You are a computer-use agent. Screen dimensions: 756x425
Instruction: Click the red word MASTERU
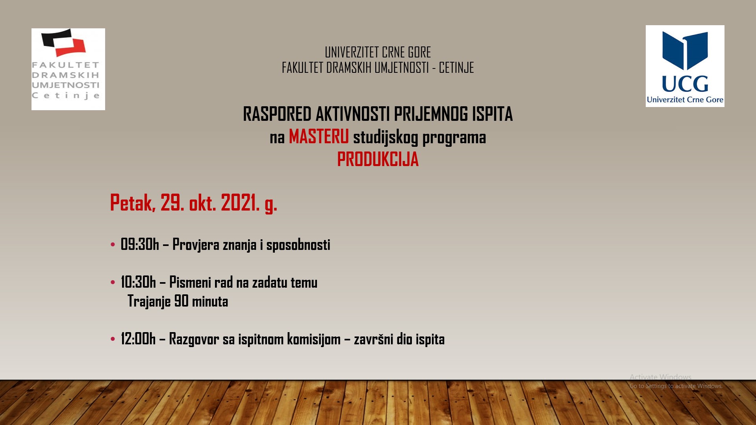(319, 137)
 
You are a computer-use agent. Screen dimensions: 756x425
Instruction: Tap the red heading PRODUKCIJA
(378, 159)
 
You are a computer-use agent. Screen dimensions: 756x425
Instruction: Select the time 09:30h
(140, 244)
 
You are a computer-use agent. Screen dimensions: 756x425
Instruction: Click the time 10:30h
(138, 282)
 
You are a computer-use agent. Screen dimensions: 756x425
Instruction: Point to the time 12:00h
(138, 339)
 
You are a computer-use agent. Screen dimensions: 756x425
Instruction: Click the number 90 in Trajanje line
(181, 301)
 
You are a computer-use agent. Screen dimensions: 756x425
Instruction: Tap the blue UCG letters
(685, 84)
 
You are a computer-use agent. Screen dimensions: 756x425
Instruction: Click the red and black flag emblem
(64, 42)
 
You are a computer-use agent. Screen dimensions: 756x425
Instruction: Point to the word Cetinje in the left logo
(66, 96)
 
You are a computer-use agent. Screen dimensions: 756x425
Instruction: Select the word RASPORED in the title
(277, 114)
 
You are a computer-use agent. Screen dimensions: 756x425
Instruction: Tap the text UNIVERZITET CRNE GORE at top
(378, 52)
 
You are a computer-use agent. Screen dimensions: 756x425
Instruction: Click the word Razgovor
(194, 339)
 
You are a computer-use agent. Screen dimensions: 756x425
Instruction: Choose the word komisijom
(314, 339)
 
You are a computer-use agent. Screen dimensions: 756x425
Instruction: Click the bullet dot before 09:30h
(113, 244)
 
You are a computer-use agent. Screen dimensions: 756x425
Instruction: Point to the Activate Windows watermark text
(660, 377)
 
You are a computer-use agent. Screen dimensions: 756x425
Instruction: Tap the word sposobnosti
(298, 245)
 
